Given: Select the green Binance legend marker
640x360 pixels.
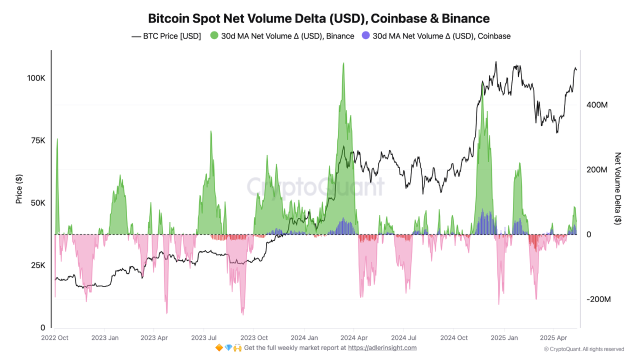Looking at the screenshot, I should tap(214, 36).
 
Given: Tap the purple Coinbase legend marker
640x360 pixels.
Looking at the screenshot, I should tap(366, 36).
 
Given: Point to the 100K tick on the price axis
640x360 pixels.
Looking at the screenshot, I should tap(36, 78).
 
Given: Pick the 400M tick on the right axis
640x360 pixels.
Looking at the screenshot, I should tap(597, 105).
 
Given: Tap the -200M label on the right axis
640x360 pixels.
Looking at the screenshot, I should tap(598, 299).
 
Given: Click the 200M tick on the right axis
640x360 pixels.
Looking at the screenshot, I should tap(597, 170).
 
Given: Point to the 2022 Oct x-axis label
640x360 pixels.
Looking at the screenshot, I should tap(54, 337).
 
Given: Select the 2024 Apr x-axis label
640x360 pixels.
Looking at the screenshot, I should tap(354, 337).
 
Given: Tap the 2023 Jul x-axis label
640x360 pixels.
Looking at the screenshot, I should tap(204, 337).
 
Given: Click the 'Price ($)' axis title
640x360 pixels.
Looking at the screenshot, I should tap(19, 189).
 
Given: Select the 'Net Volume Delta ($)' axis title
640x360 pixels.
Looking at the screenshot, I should tap(618, 188).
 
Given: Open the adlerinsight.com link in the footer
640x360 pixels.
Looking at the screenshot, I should tap(382, 347).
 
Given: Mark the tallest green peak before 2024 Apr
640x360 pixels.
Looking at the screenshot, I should tap(343, 64).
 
